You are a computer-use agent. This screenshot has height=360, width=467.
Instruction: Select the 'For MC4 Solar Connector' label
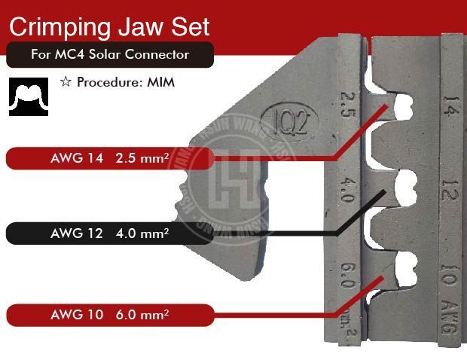tap(110, 55)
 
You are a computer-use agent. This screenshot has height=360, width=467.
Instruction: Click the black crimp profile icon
tap(29, 96)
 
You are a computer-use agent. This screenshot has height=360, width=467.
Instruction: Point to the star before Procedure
tap(66, 82)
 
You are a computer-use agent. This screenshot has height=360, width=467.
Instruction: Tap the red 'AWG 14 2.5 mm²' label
tap(106, 158)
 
